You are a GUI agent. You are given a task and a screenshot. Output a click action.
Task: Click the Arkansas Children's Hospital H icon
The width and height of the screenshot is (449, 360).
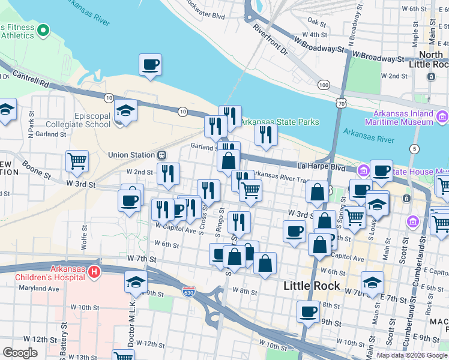coord(94,273)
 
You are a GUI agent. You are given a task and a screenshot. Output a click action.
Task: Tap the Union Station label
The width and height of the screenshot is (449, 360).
coord(131,155)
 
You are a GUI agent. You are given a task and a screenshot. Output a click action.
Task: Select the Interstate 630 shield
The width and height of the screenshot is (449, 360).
coord(188,291)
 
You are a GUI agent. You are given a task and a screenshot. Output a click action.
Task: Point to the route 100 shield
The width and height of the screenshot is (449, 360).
coord(324,85)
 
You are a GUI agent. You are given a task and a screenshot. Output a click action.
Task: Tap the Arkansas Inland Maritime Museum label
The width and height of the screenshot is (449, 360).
coord(403,118)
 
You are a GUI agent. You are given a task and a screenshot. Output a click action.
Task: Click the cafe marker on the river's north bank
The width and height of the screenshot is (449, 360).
coord(150,64)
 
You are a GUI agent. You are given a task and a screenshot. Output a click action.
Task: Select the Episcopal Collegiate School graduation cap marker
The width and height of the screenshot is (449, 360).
coord(125,110)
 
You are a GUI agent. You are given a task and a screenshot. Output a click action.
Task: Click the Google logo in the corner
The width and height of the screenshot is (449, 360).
coord(20,353)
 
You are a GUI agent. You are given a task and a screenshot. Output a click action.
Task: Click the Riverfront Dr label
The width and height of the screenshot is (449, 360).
coord(270,39)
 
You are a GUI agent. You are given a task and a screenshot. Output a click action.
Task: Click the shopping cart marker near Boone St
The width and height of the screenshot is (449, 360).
coord(77,161)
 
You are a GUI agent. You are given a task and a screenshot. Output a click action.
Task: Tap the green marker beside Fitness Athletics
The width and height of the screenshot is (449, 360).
coord(43,31)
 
